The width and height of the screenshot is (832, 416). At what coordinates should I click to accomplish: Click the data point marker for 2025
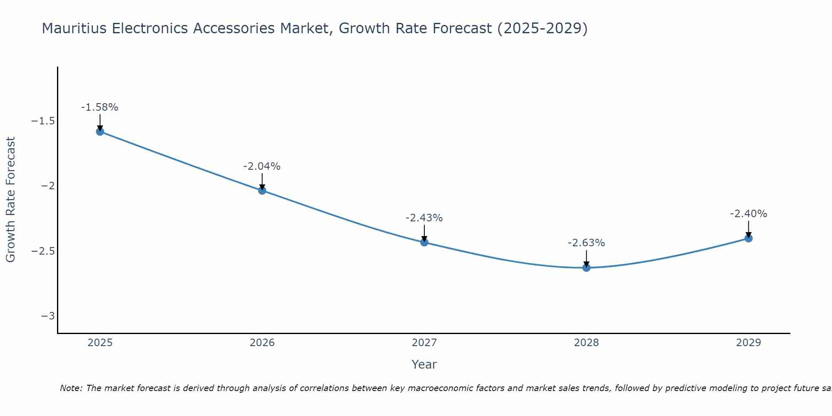tap(100, 131)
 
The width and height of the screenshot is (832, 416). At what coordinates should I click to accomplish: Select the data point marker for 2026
tap(262, 191)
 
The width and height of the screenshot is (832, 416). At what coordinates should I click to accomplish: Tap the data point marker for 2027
tap(424, 242)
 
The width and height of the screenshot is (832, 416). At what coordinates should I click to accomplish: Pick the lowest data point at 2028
tap(587, 267)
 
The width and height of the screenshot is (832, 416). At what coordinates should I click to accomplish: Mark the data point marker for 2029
tap(748, 238)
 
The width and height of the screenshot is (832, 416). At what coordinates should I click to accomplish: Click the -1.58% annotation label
tap(99, 107)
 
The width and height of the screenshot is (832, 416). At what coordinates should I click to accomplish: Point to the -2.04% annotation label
tap(262, 166)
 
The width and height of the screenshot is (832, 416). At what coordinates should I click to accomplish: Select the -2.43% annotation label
tap(424, 218)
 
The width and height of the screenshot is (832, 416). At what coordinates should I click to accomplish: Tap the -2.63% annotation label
tap(586, 243)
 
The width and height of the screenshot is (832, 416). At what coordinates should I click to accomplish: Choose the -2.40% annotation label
tap(748, 214)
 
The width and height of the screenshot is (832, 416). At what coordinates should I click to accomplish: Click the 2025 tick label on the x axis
tap(100, 343)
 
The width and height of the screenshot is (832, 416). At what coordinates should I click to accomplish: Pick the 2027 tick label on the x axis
tap(424, 343)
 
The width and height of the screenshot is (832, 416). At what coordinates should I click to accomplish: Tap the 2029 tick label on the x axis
tap(748, 343)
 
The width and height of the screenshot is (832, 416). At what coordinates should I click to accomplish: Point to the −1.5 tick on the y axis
tap(43, 121)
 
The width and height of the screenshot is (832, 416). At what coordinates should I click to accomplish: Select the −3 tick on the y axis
tap(48, 316)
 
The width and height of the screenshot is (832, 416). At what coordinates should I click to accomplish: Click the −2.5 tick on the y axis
tap(43, 251)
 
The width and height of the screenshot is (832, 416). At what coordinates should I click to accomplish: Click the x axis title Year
tap(424, 364)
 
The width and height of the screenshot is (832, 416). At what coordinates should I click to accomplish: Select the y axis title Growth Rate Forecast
tap(10, 199)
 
